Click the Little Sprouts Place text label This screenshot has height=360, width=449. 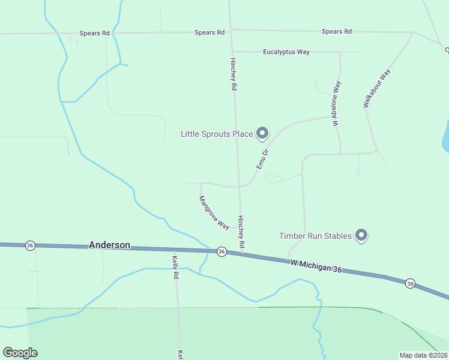(217, 134)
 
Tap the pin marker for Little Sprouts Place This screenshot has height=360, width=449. (262, 133)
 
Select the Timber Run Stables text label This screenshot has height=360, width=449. (315, 236)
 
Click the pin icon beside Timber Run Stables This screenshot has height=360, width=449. (361, 235)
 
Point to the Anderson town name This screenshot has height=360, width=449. (110, 245)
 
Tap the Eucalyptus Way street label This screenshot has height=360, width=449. (286, 52)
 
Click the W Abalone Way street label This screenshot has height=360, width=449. (337, 103)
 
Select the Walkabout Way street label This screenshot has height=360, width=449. (377, 88)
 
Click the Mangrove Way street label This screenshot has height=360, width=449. (214, 213)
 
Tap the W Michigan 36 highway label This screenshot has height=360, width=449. (316, 267)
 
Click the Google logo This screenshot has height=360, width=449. (20, 353)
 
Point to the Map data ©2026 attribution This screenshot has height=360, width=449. (423, 355)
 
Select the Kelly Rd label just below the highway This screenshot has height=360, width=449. (176, 268)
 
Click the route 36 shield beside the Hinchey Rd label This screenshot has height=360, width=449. (221, 251)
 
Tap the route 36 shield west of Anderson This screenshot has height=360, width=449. (29, 245)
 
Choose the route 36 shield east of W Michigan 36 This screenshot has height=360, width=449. (410, 283)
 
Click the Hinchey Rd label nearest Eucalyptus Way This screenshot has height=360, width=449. (234, 74)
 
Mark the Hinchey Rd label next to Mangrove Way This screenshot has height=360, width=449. (241, 232)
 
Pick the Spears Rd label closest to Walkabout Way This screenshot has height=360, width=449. (336, 31)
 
